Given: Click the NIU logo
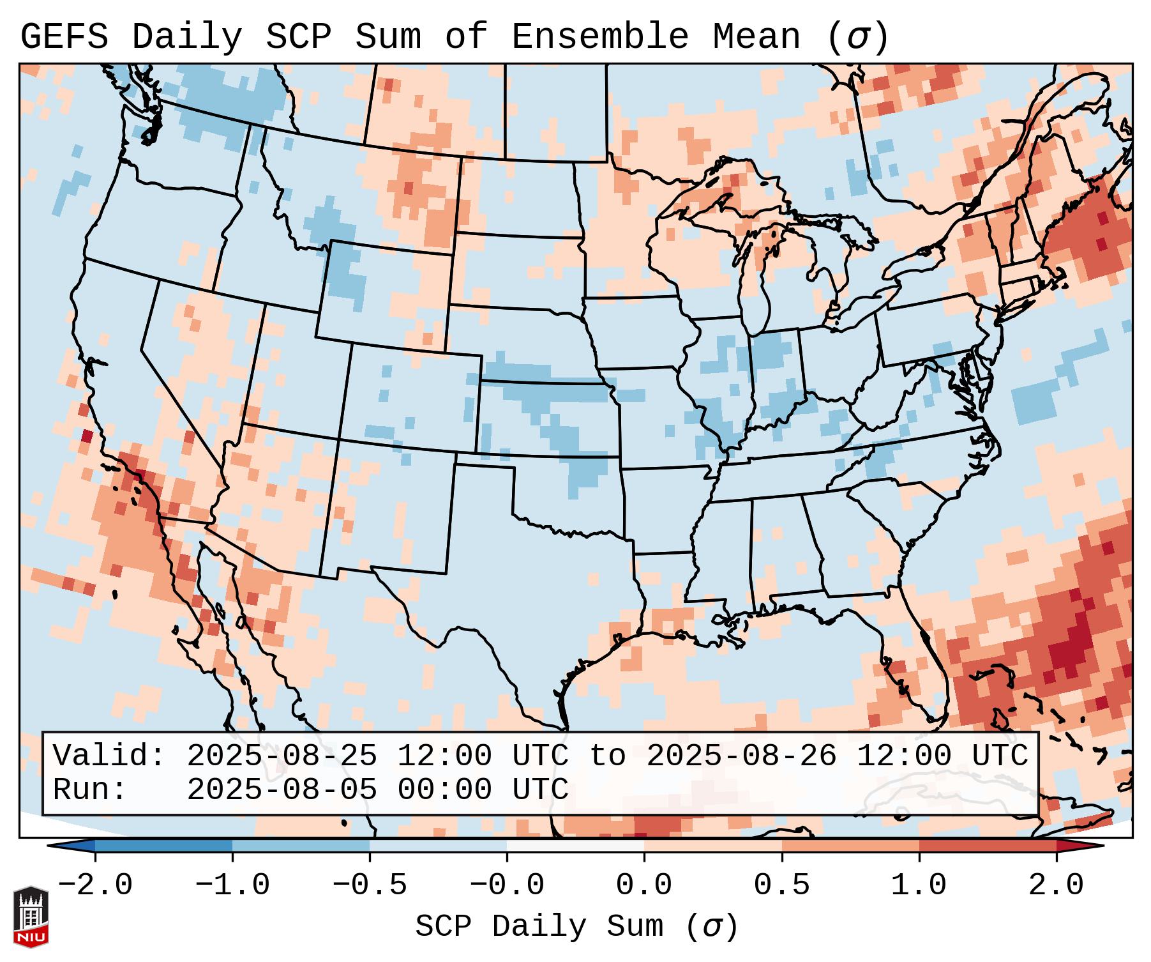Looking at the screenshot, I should tap(31, 917).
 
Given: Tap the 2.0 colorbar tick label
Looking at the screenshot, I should tap(1056, 885).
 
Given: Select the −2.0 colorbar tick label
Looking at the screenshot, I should tap(95, 885).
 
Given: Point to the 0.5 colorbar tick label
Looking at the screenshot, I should tap(781, 885).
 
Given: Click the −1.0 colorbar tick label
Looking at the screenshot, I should tap(232, 885).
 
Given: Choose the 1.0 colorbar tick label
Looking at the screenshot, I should tap(919, 885).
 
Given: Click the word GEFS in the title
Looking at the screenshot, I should tap(64, 37).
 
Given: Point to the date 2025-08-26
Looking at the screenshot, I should tap(741, 756).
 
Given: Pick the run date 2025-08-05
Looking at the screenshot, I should tap(282, 790).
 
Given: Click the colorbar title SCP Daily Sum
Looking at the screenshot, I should tap(539, 926).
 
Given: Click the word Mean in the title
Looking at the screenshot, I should tap(756, 37).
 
